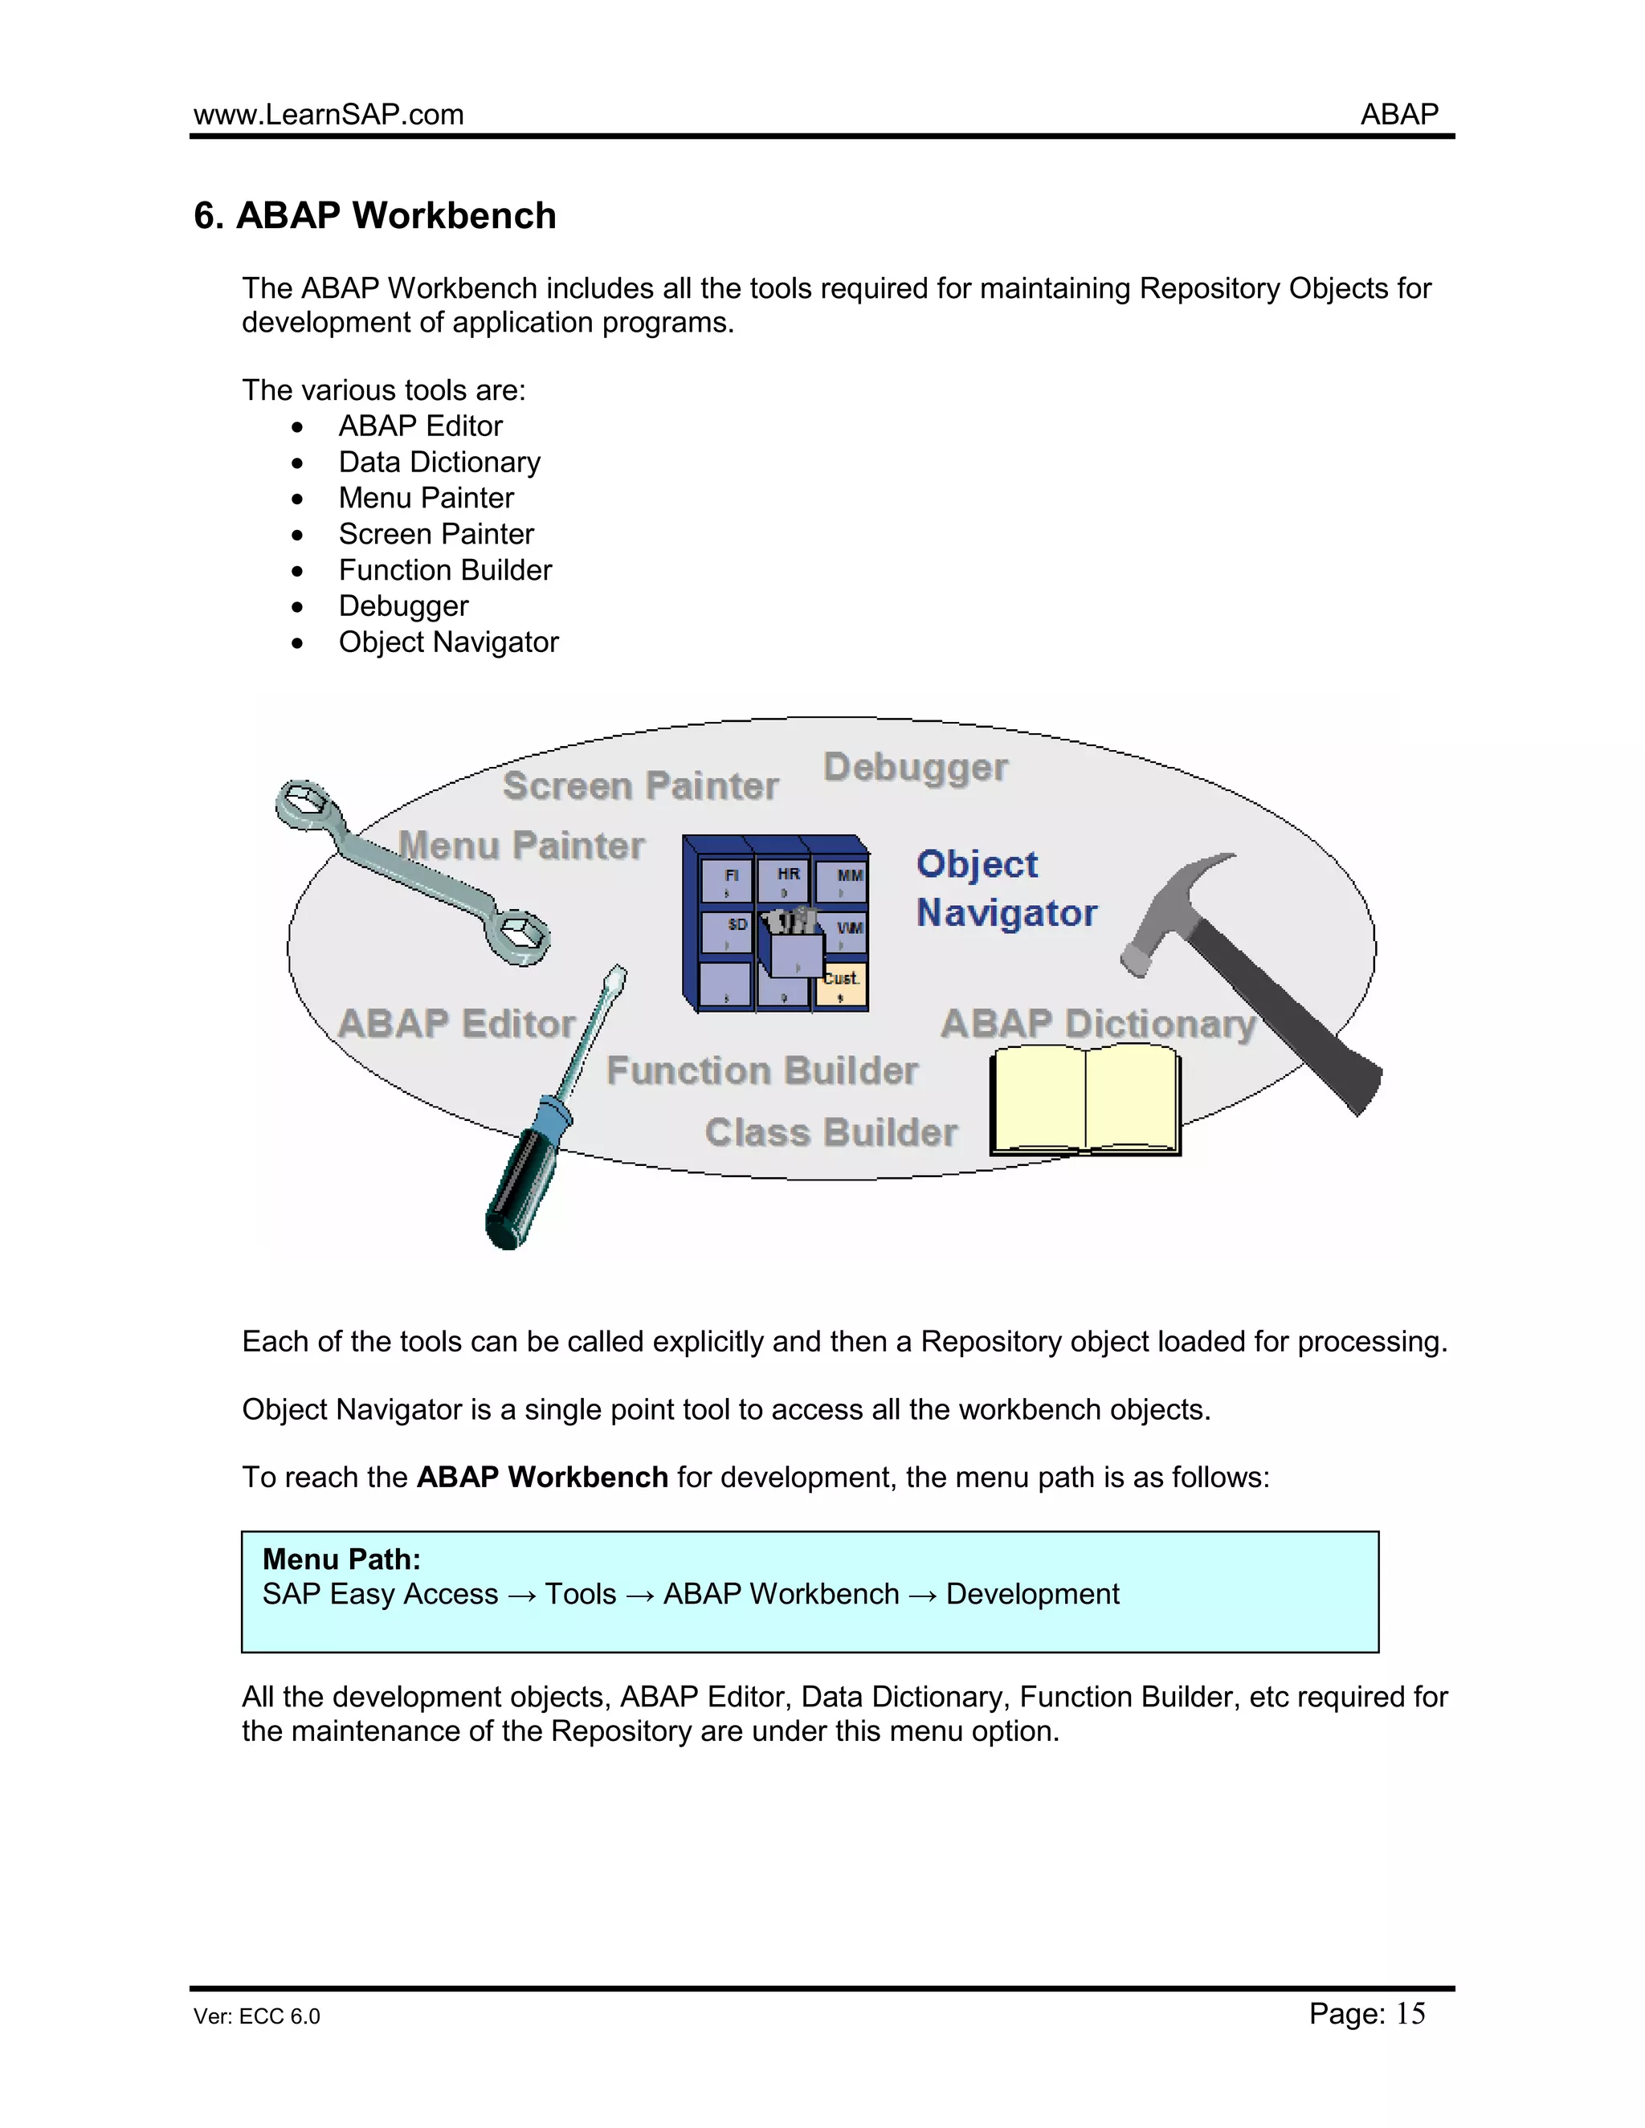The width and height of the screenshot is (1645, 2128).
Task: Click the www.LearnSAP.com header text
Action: coord(329,115)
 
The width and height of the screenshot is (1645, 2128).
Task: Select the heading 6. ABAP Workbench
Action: coord(375,215)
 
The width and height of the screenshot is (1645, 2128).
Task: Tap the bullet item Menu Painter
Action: coord(426,498)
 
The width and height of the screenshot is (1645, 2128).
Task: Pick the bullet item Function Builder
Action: coord(444,570)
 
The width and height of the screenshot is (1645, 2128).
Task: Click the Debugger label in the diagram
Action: coord(915,768)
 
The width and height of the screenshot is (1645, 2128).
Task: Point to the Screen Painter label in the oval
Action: coord(640,786)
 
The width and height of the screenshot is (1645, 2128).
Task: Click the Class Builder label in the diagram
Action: coord(831,1132)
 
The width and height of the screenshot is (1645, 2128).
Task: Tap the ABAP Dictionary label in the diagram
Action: coord(1097,1023)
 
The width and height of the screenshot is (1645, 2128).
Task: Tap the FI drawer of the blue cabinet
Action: coord(726,881)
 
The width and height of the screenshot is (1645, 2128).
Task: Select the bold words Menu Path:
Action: coord(341,1560)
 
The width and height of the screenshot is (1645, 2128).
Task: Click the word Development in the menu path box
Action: coord(1032,1594)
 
